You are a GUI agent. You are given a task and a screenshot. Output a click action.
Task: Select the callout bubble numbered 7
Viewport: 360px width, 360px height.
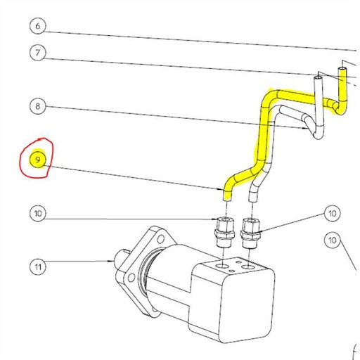click(39, 53)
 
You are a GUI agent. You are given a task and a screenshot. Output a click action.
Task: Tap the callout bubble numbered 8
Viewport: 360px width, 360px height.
click(39, 106)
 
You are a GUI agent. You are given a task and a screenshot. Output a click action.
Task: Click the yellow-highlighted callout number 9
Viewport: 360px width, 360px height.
click(39, 160)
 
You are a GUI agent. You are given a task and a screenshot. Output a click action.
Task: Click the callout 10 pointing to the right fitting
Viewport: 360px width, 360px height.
click(332, 213)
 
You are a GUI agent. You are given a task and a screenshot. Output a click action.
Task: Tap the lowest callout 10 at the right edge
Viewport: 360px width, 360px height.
click(333, 240)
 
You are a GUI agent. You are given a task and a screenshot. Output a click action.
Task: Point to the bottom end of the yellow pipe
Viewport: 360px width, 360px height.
click(227, 198)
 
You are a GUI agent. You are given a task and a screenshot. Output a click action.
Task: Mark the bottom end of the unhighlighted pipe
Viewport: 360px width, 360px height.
click(252, 198)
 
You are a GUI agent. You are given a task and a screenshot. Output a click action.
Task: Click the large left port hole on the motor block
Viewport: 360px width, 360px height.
click(224, 268)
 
